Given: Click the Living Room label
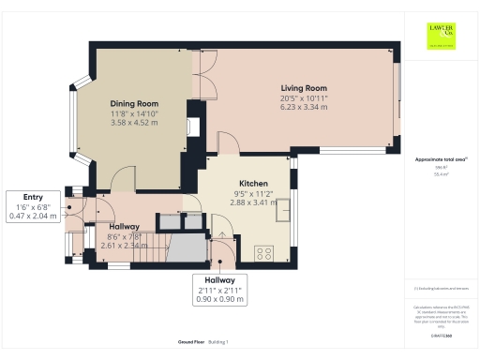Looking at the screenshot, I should coord(302,88).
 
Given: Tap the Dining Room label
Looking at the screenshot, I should coord(134,103).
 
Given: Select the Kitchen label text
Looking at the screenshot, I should coord(253,183).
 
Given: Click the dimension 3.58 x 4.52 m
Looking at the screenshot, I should coord(134,122).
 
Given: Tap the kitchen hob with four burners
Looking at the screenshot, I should coord(262,251).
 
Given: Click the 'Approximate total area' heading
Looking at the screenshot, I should coord(441,159).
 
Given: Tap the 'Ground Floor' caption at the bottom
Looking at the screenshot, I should coord(191,342).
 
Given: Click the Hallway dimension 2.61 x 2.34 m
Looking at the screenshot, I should coord(125,246).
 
